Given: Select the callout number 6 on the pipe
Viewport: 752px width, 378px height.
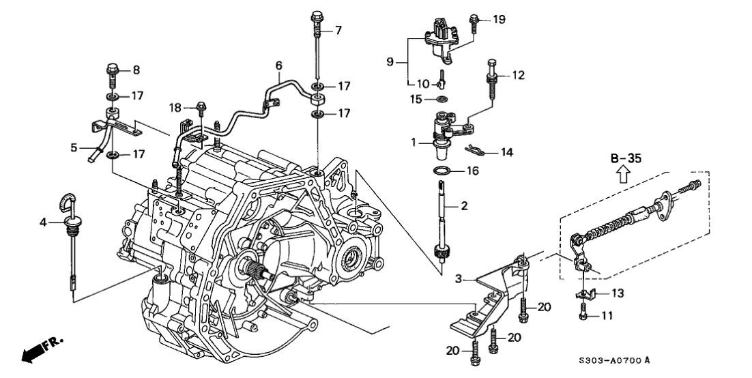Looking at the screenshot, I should click(x=278, y=66).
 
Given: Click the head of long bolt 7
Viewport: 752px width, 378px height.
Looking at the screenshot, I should click(x=317, y=16).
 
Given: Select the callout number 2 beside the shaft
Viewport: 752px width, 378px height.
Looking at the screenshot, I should click(x=463, y=205).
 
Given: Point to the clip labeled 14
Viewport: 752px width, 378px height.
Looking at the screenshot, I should click(x=469, y=151).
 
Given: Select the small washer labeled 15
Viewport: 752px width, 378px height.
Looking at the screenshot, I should click(x=442, y=100).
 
